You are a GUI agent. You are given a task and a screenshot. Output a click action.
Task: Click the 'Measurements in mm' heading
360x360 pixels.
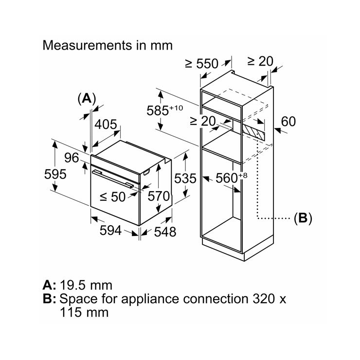point(108,45)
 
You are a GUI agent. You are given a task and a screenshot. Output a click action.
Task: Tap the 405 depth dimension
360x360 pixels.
point(106,125)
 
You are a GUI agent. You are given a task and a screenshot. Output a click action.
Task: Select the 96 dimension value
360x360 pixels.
point(72,158)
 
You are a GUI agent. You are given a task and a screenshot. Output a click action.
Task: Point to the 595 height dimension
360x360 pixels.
point(55,174)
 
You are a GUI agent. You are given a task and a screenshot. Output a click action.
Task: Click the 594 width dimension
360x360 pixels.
point(110,230)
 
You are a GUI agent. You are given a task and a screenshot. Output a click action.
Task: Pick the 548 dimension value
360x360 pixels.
point(165,232)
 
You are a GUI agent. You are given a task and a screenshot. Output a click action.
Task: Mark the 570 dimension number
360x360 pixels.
point(159,197)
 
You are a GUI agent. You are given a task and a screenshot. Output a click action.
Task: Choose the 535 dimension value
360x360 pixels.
point(185,179)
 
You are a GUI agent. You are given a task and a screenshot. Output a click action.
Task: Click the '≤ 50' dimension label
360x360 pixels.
point(113,197)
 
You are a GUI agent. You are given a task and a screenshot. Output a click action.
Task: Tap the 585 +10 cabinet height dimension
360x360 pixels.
point(164,110)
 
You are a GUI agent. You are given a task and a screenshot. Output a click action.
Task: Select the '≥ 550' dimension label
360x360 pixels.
point(201,64)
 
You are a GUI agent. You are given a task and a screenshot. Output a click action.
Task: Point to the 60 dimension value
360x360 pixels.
point(288,122)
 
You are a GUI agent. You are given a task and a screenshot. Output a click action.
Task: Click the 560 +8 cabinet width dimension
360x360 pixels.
point(232,178)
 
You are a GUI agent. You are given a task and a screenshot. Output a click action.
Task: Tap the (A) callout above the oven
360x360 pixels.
point(87,99)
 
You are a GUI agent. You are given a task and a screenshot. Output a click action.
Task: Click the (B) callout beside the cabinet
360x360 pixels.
point(303,218)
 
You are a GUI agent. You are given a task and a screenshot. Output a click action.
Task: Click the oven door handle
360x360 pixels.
point(113,179)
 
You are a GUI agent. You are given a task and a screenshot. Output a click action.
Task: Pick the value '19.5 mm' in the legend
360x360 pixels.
point(86,286)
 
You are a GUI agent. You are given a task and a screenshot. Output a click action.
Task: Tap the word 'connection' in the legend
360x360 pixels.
point(216,299)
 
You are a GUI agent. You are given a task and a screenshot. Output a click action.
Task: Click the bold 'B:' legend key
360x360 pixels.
point(49,299)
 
